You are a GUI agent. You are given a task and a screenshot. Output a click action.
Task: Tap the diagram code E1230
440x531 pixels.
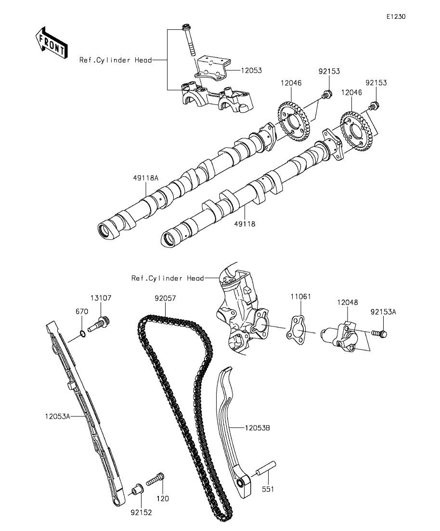pos(395,17)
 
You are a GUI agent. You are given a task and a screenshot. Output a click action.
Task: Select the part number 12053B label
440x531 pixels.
pos(257,427)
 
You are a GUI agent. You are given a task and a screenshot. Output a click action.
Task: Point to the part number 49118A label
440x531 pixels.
pos(146,178)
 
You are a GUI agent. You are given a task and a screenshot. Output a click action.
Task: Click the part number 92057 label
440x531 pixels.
pos(165,298)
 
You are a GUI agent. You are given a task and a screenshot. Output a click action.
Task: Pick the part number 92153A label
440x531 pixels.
pos(383,312)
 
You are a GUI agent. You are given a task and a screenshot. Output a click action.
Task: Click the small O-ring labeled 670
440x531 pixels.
pos(83,333)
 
